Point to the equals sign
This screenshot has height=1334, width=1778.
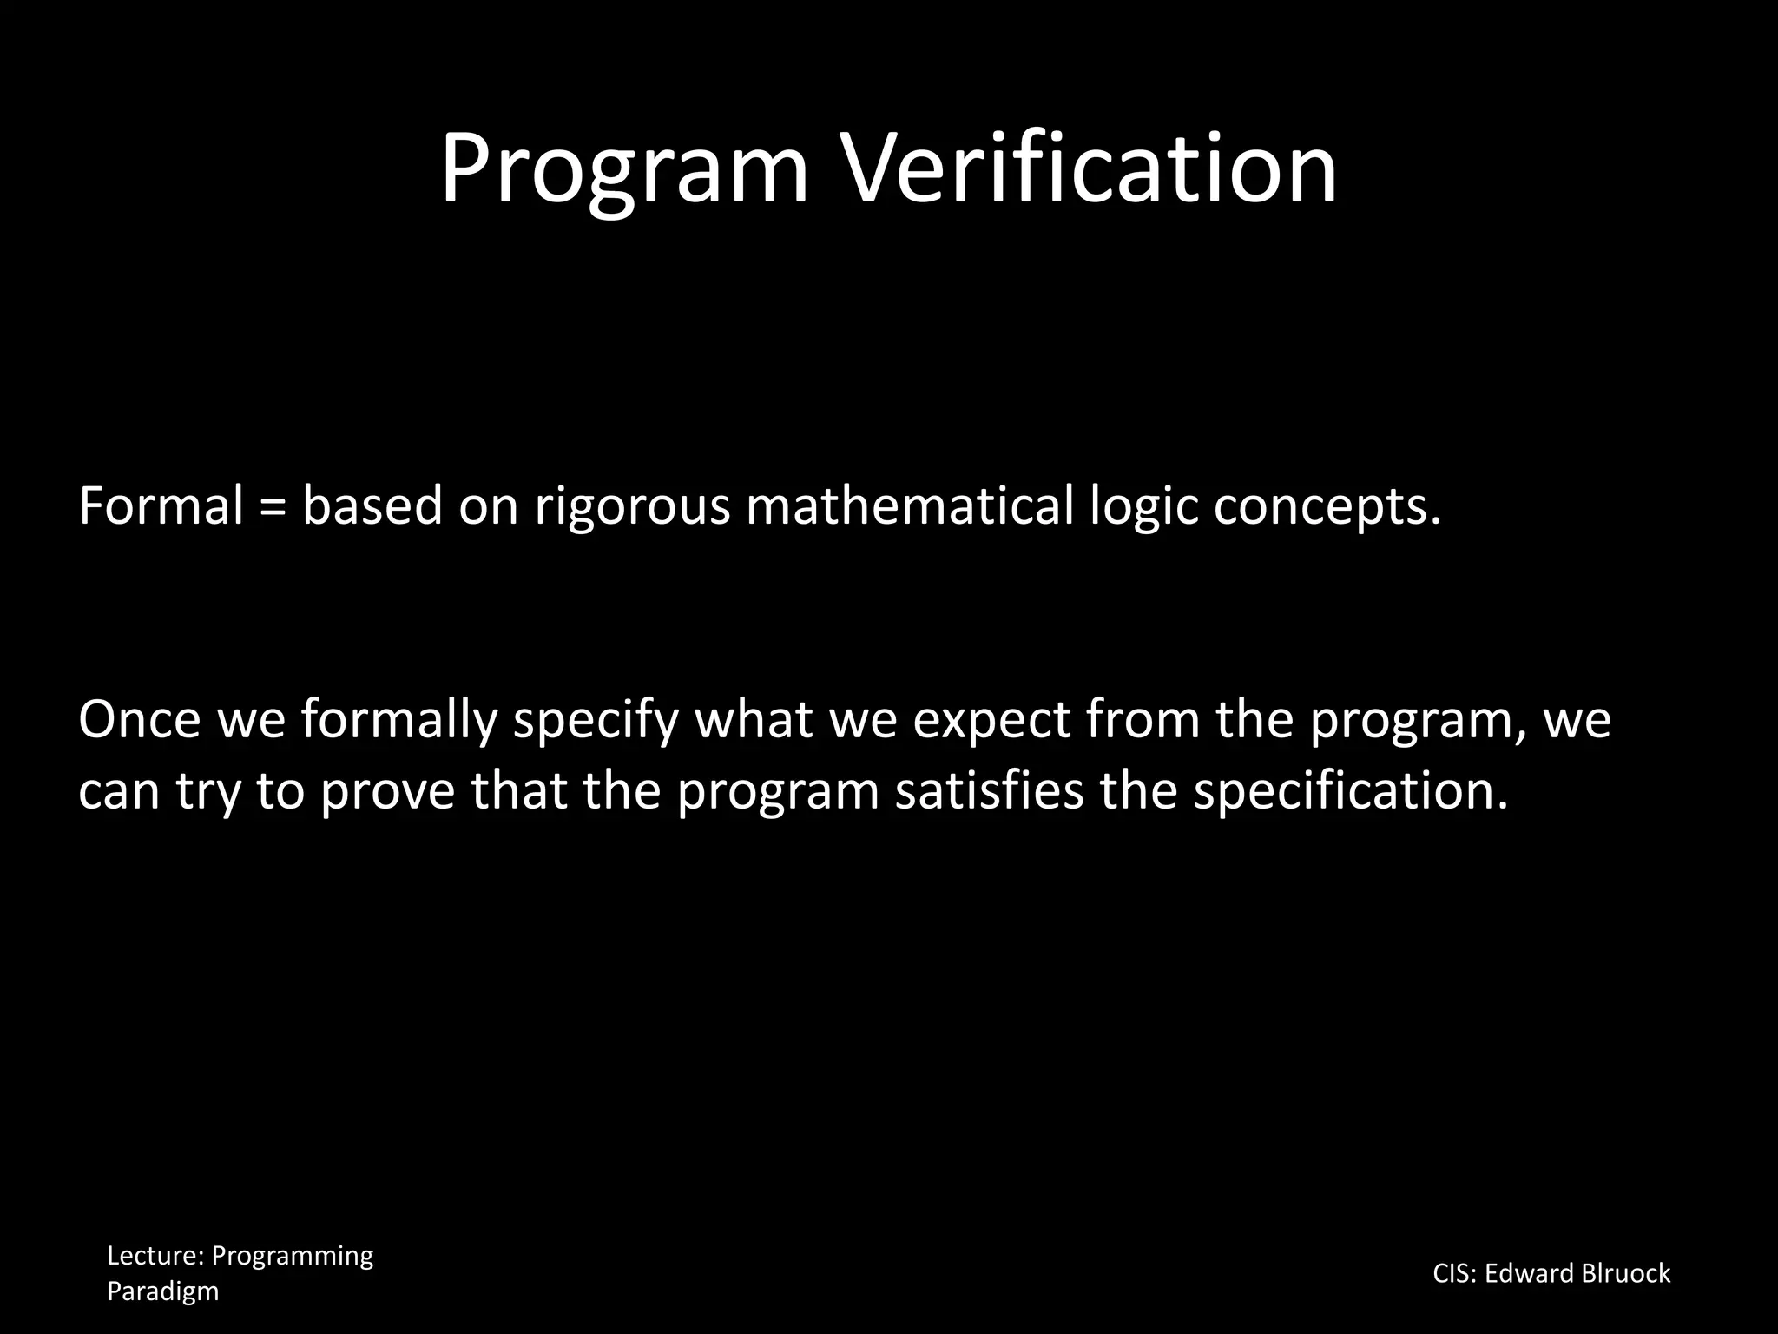coord(273,507)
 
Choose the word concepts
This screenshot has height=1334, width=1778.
coord(1327,507)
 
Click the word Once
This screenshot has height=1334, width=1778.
coord(139,719)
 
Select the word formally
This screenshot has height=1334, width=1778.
coord(399,721)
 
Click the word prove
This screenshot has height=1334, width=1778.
coord(387,792)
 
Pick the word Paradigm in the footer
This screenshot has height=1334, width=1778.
coord(162,1291)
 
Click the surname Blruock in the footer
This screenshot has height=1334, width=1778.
coord(1626,1273)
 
